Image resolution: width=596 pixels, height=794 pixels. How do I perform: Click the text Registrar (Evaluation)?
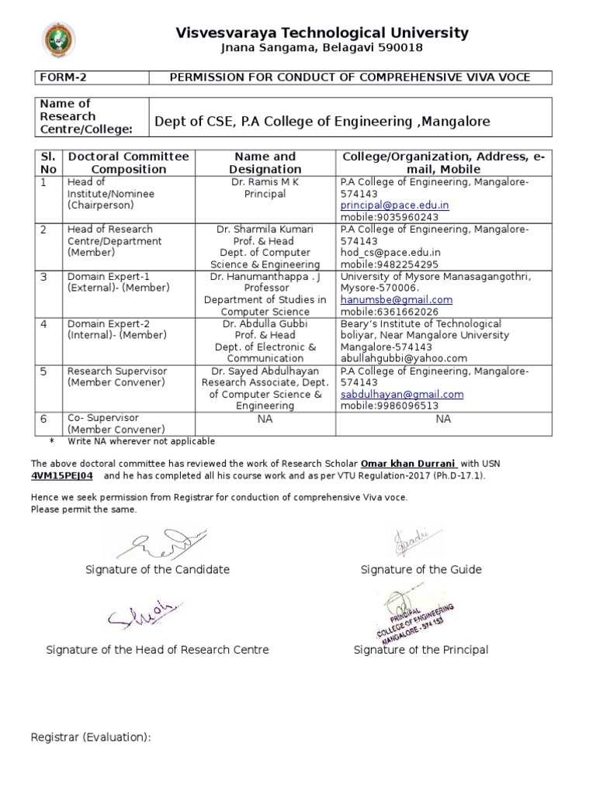[x=90, y=737]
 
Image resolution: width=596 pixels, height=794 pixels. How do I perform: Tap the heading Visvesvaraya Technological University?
[x=322, y=33]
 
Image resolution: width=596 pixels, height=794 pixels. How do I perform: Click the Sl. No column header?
[x=49, y=163]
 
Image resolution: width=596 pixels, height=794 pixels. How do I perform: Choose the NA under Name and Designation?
[x=265, y=419]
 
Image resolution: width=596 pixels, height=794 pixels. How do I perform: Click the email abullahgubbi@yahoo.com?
[x=404, y=358]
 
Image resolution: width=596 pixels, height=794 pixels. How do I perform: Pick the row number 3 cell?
[x=44, y=277]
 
